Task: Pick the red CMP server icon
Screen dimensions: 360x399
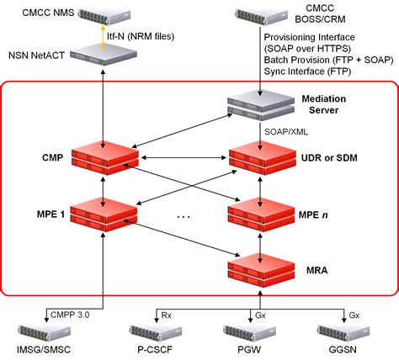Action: (104, 160)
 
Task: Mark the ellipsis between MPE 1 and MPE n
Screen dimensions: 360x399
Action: (184, 216)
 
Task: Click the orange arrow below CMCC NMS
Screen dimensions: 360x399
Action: (104, 38)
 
